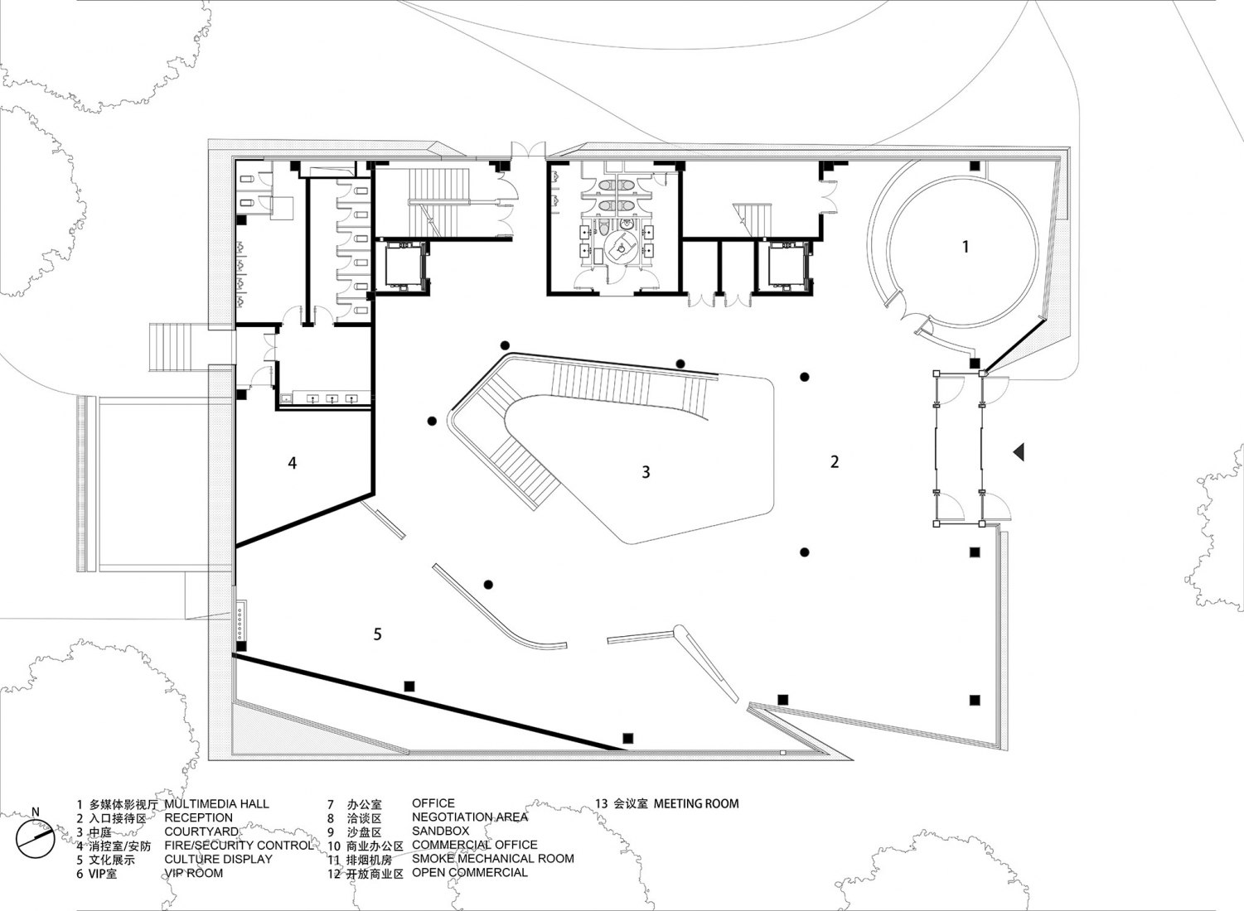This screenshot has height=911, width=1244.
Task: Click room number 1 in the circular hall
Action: tap(966, 246)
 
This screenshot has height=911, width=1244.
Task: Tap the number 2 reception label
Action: tap(834, 461)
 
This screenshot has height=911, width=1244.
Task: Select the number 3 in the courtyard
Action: tap(646, 472)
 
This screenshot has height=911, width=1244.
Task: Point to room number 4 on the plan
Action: tap(292, 463)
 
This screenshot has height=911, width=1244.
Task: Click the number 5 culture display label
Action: tap(378, 634)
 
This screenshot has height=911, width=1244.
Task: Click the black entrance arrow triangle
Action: tap(1019, 452)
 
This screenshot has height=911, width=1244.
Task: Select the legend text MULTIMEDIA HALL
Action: tap(216, 804)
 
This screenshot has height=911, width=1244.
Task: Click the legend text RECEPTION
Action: tap(198, 817)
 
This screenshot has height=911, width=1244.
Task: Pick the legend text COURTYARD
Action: tap(201, 831)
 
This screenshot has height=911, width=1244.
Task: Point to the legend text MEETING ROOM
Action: tap(696, 803)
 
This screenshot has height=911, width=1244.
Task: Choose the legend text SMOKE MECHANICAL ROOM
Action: tap(493, 859)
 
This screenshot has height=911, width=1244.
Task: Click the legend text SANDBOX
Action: tap(440, 831)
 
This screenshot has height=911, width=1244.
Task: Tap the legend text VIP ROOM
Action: tap(194, 873)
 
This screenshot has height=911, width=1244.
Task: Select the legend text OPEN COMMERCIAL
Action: tap(470, 873)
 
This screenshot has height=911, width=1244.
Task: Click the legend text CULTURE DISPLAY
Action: tap(218, 860)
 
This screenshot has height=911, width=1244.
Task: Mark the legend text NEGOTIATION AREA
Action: tap(470, 817)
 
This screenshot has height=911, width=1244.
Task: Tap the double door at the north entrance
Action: tap(530, 150)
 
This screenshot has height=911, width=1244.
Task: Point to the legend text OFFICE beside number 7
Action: tap(433, 803)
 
